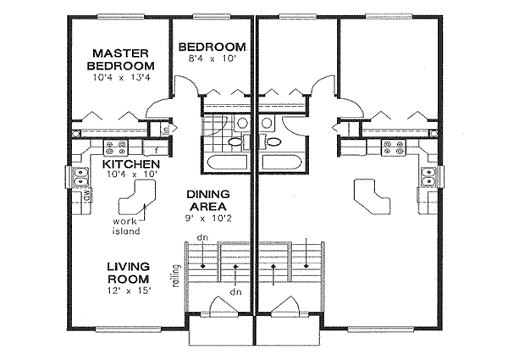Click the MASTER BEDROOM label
[x=123, y=58]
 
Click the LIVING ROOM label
[x=129, y=272]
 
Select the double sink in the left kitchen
[x=82, y=178]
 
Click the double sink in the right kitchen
[x=427, y=178]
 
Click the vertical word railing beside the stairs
[x=174, y=274]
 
